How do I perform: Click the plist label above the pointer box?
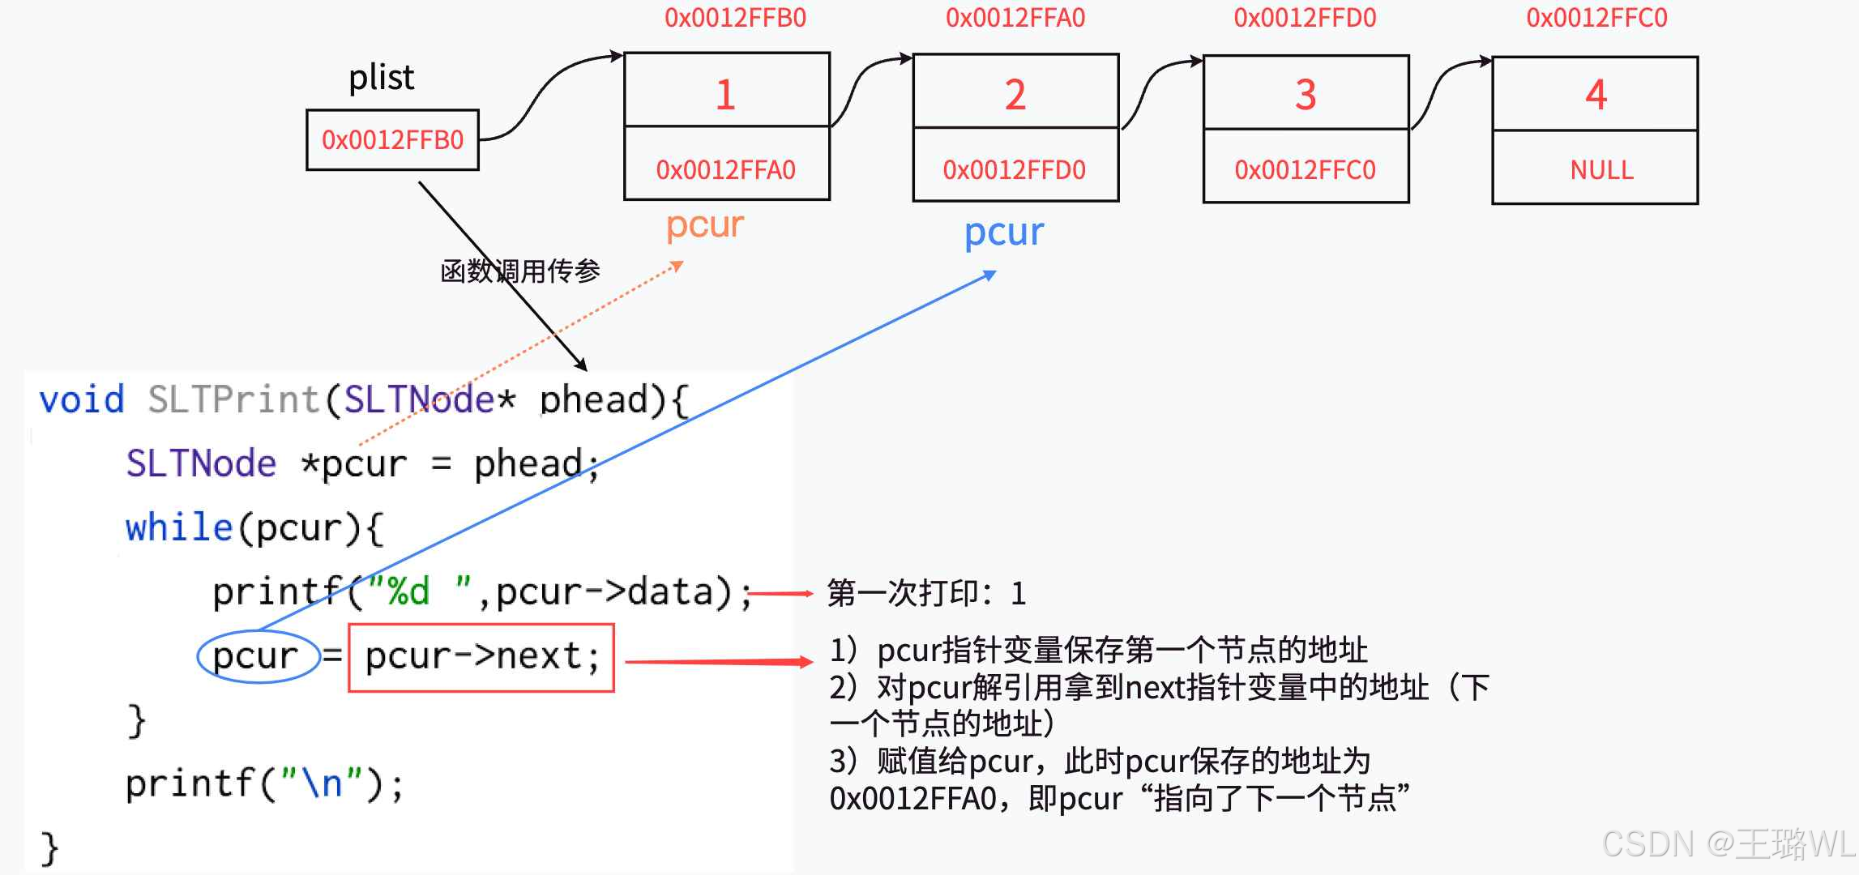[381, 78]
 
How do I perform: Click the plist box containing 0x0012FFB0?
[392, 140]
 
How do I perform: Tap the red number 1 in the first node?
[725, 95]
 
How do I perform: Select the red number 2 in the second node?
[1015, 95]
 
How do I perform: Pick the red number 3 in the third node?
[1305, 95]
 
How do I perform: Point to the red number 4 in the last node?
[1595, 95]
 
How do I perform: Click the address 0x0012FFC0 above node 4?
[1596, 18]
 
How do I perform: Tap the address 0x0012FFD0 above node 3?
[1304, 18]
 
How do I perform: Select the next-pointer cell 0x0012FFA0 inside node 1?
[725, 169]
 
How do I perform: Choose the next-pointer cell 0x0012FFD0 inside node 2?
[1014, 169]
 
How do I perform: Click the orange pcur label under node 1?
[704, 224]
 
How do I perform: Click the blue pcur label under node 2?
[1003, 233]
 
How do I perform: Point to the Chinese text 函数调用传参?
[519, 271]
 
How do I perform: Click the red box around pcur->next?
[481, 657]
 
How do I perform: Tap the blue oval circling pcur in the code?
[258, 656]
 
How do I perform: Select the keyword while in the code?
[178, 527]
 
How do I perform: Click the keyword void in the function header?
[82, 399]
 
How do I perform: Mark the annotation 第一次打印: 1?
[925, 593]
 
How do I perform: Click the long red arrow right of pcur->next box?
[717, 662]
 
